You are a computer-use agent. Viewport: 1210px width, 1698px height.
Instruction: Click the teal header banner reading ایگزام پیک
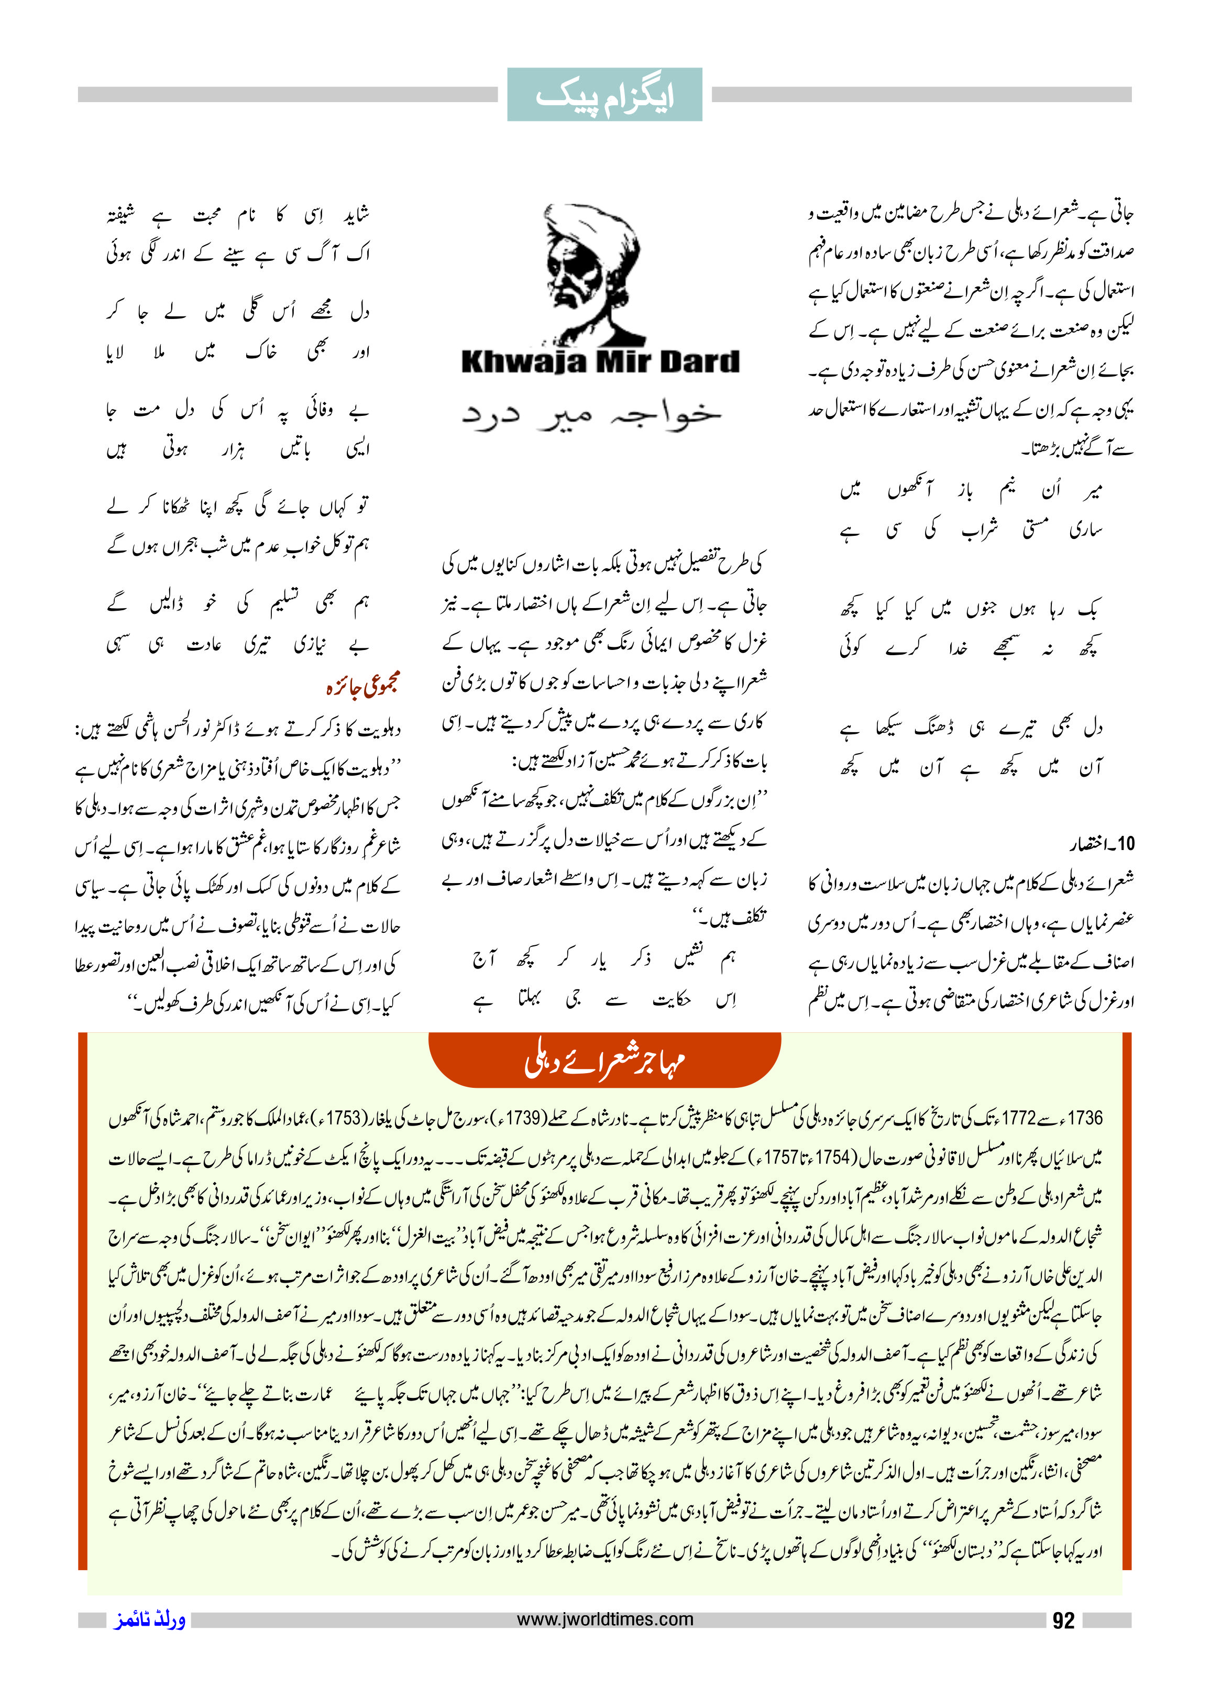pos(604,95)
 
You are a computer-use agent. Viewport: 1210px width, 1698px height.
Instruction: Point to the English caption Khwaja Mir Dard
pos(600,362)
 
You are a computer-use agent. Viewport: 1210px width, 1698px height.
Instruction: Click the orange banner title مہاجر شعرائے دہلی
pos(604,1061)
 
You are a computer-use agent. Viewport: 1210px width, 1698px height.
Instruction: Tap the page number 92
pos(1063,1620)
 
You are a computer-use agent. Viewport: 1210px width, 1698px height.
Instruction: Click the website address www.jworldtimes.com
pos(604,1619)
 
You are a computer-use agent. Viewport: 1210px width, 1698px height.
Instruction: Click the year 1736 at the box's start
pos(1084,1118)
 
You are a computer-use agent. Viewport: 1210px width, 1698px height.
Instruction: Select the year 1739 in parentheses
pos(524,1118)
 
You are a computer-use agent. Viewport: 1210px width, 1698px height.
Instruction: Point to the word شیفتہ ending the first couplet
pos(120,215)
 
